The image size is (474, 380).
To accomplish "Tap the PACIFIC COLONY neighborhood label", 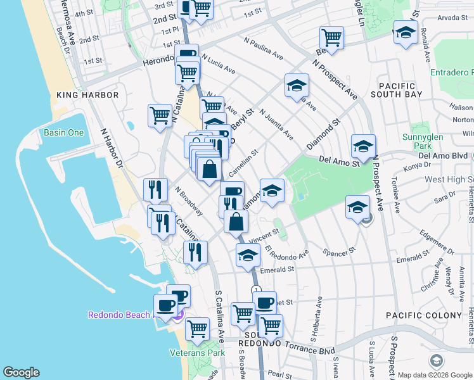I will [x=424, y=315].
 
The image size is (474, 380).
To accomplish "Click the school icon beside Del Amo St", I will [x=363, y=146].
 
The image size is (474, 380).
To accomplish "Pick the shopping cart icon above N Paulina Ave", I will [x=331, y=38].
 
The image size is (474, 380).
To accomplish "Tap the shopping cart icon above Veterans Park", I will [x=197, y=329].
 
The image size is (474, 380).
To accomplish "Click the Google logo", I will [x=21, y=372].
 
